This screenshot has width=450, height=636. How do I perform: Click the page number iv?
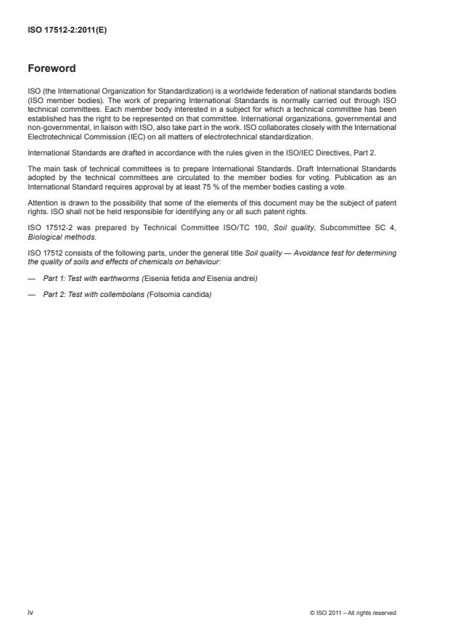[30, 612]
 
